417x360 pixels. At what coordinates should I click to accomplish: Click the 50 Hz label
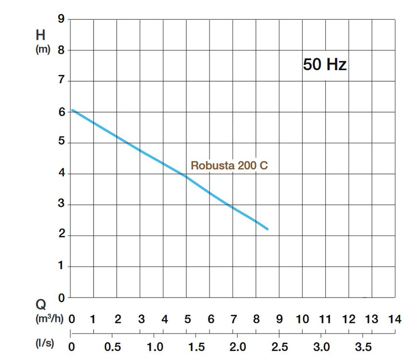(324, 64)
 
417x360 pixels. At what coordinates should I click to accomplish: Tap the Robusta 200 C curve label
(229, 165)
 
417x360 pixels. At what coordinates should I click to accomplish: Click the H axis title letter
(41, 35)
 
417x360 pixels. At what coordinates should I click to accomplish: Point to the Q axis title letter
(41, 305)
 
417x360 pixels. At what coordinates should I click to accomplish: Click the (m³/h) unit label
(49, 319)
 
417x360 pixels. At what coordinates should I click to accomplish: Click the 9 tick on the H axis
(61, 19)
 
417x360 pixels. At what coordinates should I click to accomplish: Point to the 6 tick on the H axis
(61, 112)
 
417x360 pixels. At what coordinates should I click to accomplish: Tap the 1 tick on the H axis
(61, 266)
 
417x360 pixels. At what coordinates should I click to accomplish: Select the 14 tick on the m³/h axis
(394, 319)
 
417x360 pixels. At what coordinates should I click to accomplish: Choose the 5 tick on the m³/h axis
(187, 319)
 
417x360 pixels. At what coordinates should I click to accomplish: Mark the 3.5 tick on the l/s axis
(363, 347)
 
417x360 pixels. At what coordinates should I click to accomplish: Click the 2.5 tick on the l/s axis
(280, 347)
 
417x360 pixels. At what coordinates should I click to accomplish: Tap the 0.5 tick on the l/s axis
(112, 347)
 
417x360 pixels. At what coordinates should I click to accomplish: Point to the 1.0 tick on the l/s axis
(154, 347)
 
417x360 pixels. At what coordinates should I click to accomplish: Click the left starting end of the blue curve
(73, 110)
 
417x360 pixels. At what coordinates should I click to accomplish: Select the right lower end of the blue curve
(267, 229)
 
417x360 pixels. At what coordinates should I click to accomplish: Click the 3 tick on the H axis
(61, 205)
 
